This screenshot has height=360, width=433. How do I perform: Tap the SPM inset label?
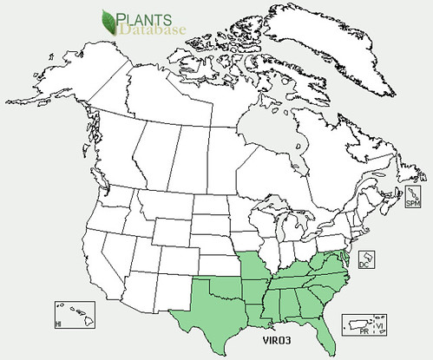coord(413,202)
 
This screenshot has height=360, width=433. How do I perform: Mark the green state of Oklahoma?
coord(229,277)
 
